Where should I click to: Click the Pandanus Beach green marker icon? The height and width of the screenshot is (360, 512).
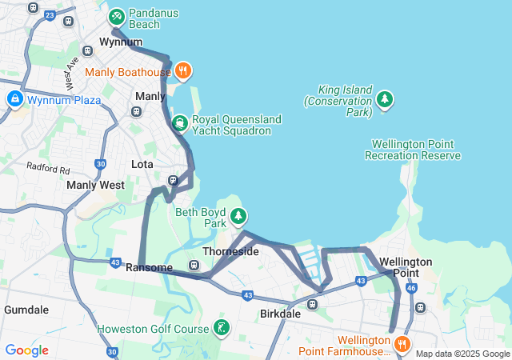tap(117, 16)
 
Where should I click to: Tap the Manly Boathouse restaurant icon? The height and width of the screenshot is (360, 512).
tap(183, 71)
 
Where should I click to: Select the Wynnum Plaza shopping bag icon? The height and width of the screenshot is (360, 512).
tap(14, 100)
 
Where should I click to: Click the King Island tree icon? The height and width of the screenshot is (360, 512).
tap(386, 98)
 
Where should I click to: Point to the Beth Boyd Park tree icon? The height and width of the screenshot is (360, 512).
tap(238, 216)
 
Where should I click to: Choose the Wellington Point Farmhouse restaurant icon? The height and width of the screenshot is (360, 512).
tap(402, 345)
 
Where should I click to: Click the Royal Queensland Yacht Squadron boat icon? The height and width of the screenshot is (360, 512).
tap(179, 123)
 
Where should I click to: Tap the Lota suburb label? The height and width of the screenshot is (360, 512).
tap(142, 164)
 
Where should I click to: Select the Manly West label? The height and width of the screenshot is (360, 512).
tap(95, 185)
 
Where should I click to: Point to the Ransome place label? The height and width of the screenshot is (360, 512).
tap(150, 267)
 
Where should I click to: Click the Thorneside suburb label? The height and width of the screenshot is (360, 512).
tap(231, 251)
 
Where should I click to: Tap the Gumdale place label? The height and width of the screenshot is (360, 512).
tap(26, 309)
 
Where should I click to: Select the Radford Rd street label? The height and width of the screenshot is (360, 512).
tap(48, 168)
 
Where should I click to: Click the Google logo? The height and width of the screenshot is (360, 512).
tap(26, 350)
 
